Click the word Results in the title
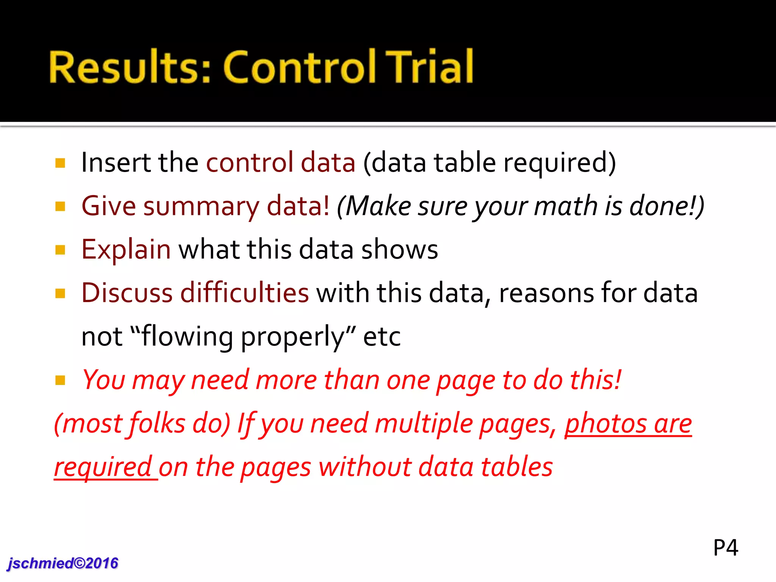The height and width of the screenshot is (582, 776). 129,67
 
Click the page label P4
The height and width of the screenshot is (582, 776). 726,548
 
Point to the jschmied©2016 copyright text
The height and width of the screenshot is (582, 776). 63,563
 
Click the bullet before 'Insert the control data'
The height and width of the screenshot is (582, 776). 60,163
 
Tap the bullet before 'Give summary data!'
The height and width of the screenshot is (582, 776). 60,207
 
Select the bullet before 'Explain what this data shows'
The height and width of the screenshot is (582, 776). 60,250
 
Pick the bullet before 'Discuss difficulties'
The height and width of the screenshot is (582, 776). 60,293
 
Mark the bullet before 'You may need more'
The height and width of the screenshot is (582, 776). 60,380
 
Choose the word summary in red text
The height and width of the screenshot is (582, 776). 201,207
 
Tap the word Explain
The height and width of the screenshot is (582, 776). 126,250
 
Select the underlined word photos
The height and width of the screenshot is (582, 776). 606,424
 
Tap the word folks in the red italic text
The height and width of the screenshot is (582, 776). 157,424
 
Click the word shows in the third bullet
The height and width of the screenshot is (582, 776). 400,250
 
